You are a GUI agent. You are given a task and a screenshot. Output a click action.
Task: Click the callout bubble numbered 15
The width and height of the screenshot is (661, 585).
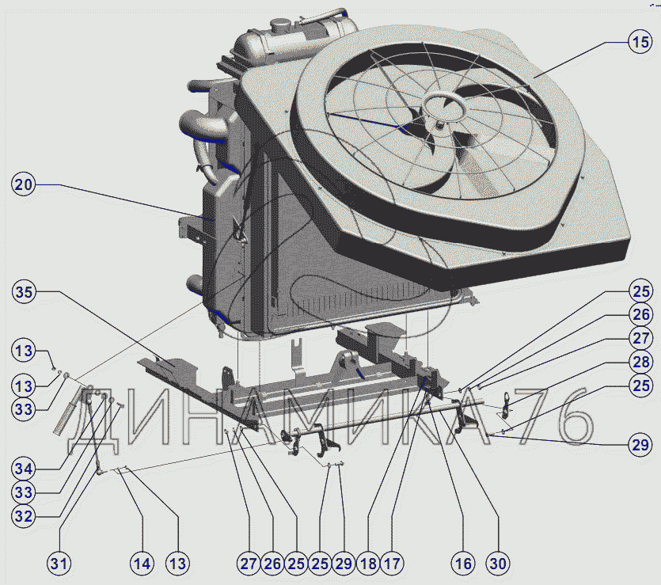tap(640, 42)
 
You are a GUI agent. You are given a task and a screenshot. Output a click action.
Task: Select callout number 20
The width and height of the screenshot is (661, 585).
tap(23, 184)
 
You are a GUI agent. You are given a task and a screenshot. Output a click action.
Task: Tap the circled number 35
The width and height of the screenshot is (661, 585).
tap(24, 291)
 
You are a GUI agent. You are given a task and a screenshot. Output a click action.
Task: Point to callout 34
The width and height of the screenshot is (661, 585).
tap(24, 469)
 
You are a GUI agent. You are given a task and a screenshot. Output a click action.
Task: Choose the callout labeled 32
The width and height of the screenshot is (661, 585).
tap(24, 516)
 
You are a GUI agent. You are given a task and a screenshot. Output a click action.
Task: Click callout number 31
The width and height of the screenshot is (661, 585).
tap(59, 564)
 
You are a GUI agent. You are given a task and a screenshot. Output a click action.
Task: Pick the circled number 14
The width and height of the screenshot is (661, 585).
tap(142, 564)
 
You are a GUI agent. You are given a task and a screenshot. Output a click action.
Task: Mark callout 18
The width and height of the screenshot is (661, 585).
tap(368, 564)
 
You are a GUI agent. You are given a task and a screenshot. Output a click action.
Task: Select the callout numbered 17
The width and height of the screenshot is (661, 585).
tap(392, 564)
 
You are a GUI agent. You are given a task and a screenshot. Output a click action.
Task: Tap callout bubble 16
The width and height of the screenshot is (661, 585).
tap(463, 564)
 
